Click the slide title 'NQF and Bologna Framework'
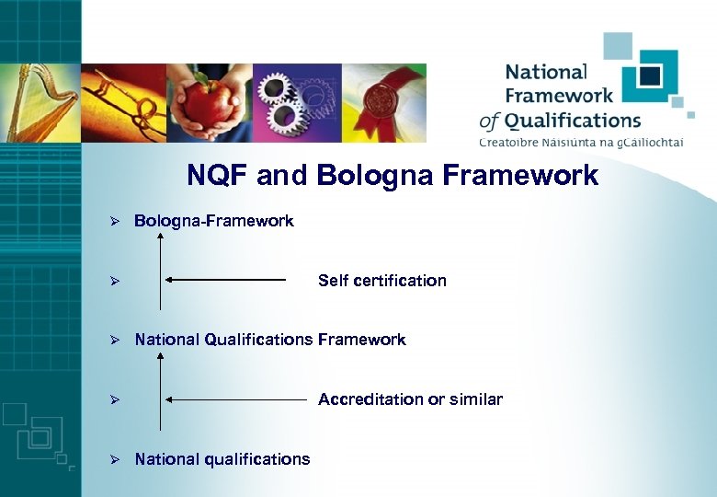pos(393,175)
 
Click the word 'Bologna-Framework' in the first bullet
pos(214,221)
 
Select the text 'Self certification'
pos(381,281)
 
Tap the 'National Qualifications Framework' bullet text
pos(270,340)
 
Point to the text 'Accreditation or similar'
pos(410,399)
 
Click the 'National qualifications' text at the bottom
pos(222,459)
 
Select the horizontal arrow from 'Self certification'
pos(226,279)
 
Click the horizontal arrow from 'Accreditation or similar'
pos(236,400)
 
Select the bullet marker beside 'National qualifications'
pos(116,459)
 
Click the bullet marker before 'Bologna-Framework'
pos(116,222)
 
